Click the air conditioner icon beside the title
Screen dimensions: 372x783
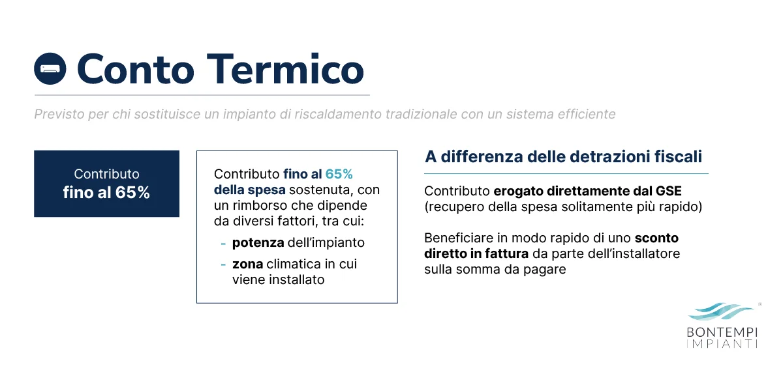[50, 68]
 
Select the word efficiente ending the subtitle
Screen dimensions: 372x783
[586, 115]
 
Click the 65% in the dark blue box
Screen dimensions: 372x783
[133, 193]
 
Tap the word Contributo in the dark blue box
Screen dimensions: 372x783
[106, 174]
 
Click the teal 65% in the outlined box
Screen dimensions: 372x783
[339, 175]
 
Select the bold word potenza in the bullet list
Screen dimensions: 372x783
[258, 243]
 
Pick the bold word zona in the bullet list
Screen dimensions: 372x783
[247, 265]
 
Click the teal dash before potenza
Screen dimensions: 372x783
[223, 243]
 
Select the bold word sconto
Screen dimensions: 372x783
[656, 238]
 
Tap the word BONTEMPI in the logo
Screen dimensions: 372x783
[722, 332]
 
